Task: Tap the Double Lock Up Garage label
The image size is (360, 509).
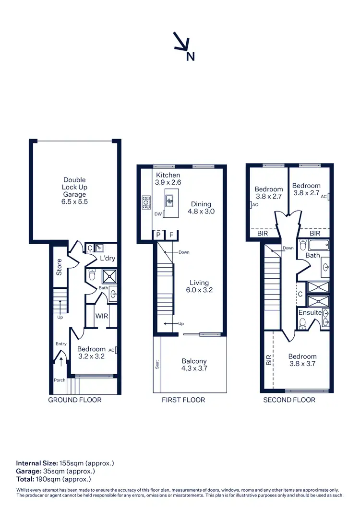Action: click(75, 191)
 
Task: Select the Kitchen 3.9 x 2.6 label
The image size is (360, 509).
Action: click(168, 179)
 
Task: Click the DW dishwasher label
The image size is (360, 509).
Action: click(158, 214)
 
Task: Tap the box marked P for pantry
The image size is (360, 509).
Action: click(158, 235)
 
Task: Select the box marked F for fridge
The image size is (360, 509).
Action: click(171, 235)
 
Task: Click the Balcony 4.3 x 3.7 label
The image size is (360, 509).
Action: click(194, 365)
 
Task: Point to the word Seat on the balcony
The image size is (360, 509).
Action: click(157, 365)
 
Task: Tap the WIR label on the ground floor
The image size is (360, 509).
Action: click(101, 317)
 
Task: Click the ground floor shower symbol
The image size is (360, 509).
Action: click(108, 276)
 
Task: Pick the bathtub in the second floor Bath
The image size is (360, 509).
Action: click(319, 246)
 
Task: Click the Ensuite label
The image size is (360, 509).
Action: click(310, 312)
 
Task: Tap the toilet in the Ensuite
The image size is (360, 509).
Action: click(302, 324)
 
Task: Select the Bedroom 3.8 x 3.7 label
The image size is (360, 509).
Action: click(302, 360)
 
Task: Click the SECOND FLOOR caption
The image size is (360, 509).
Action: click(289, 400)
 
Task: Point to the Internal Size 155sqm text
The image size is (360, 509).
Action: click(65, 463)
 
